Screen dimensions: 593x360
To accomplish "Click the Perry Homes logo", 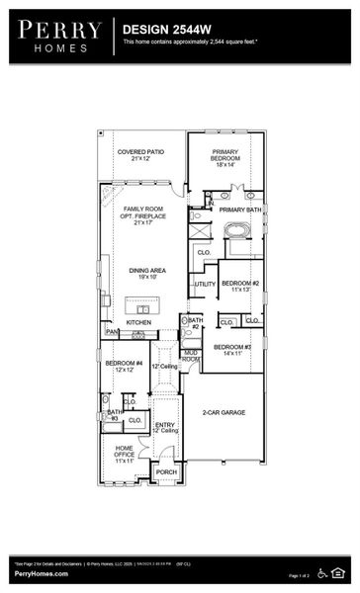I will tap(58, 36).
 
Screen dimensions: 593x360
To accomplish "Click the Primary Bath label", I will tap(239, 210).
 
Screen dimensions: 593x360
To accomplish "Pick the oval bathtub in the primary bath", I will tap(238, 233).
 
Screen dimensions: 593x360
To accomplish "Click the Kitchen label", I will tap(138, 322).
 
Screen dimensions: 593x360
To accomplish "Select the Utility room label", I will tap(205, 285).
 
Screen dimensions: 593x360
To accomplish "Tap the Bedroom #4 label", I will tap(124, 366).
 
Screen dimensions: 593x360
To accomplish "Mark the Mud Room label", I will tap(191, 356).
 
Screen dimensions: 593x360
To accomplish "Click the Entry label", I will tap(165, 426).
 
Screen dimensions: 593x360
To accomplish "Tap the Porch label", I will tap(166, 472).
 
